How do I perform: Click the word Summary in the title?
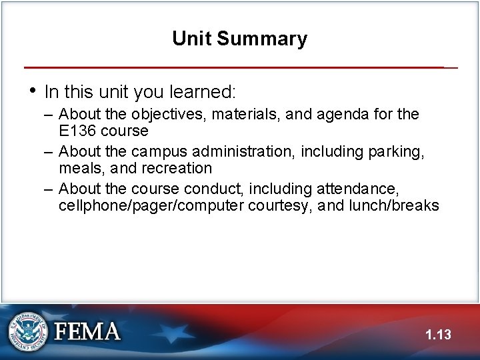261,39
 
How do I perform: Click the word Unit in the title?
191,38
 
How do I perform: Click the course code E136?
77,130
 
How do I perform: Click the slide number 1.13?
438,334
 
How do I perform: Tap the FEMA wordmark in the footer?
86,331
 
